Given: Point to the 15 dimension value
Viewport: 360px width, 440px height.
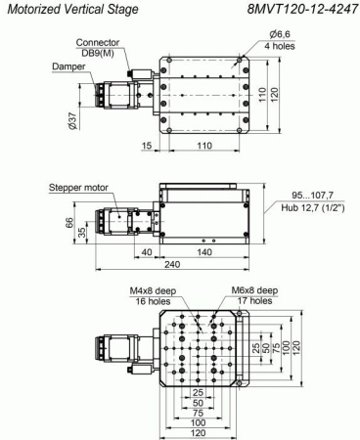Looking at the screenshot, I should pos(146,147).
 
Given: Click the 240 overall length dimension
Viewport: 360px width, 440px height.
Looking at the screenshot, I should pos(181,267).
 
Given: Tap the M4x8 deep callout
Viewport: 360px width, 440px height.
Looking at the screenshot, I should pos(152,291).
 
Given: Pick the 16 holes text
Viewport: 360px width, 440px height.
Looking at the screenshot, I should pos(152,303).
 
